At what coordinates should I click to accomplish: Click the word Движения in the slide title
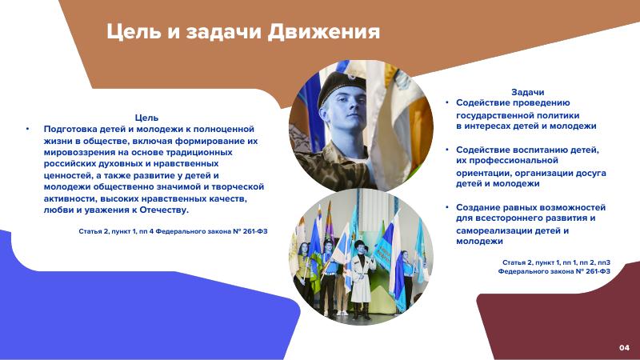tap(324, 32)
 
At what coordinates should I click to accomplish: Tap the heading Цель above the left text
tap(146, 118)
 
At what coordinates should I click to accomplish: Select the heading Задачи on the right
tap(527, 92)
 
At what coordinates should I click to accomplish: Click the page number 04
tap(624, 348)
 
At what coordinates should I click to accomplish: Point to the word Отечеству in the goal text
tap(164, 210)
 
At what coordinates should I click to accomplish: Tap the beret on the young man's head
tap(342, 85)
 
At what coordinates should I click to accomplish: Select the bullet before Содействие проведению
tap(447, 102)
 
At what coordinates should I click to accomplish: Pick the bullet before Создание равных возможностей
tap(447, 207)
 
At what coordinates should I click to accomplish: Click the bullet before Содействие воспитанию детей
tap(447, 150)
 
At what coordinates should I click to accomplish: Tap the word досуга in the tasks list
tap(590, 174)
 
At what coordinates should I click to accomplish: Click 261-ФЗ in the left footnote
tap(255, 231)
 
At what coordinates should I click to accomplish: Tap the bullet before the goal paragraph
tap(28, 129)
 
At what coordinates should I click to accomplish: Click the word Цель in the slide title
tap(134, 32)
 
